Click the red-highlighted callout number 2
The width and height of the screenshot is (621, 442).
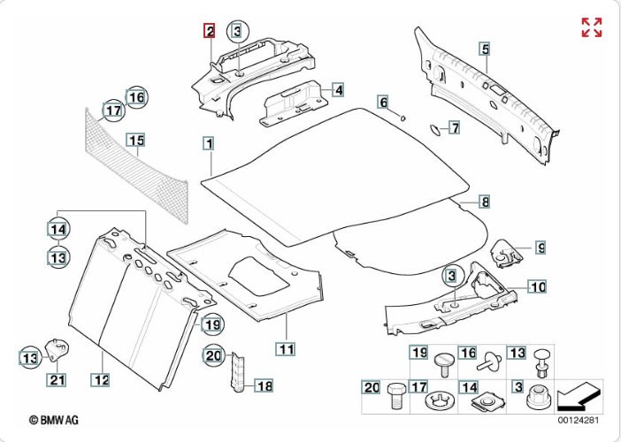pos(210,32)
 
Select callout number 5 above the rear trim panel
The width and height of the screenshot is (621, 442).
pos(484,49)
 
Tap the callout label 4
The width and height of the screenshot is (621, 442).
pos(338,89)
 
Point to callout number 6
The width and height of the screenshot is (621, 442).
pos(384,103)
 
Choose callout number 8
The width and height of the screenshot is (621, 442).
pos(485,202)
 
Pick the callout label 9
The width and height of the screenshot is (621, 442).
pos(540,248)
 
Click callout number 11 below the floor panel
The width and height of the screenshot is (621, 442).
pos(286,347)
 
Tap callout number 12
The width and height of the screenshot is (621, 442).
pos(102,380)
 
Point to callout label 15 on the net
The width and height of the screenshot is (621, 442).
pos(134,141)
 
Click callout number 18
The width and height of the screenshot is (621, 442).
pos(264,385)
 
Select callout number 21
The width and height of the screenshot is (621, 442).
pos(57,380)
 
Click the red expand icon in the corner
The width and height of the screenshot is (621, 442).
pos(592,27)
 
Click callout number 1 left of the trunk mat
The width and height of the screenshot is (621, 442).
pos(208,142)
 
